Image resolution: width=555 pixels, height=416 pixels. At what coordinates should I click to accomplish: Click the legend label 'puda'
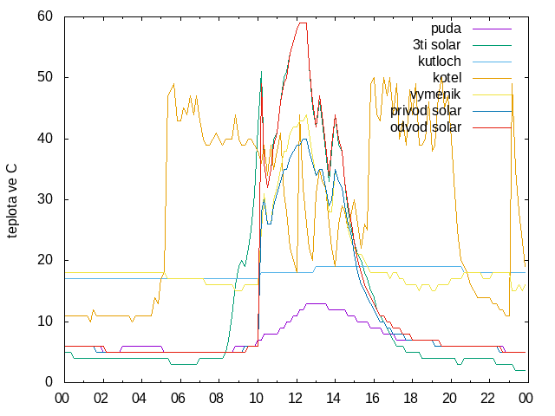tap(446, 29)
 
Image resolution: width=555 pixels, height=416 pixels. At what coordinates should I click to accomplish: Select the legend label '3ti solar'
tap(436, 45)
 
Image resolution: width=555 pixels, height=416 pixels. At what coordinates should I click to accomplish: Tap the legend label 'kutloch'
tap(440, 62)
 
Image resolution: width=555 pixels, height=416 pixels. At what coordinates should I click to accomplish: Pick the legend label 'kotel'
tap(447, 77)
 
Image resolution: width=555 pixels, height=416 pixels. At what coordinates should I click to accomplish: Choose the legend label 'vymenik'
tap(435, 94)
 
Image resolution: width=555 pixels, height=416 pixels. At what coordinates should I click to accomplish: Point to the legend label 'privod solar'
tap(426, 111)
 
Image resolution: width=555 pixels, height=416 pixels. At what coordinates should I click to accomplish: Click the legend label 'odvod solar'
tap(426, 127)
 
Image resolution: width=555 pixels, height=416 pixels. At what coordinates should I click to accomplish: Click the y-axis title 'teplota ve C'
tap(11, 201)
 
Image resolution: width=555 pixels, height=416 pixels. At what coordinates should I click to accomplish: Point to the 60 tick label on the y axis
tap(44, 16)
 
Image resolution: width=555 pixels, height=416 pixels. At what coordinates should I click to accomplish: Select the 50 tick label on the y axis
tap(44, 77)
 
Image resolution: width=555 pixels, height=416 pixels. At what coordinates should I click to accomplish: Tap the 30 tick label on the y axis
tap(44, 199)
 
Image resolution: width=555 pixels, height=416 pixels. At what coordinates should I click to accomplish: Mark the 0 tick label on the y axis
tap(49, 381)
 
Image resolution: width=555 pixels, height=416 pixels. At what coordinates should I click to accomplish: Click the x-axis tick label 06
tap(178, 399)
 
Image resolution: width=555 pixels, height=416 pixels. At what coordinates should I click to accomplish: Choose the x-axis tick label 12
tap(294, 399)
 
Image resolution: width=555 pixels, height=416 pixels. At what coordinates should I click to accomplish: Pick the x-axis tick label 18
tap(410, 399)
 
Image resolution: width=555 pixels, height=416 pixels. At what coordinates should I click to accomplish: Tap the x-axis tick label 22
tap(487, 399)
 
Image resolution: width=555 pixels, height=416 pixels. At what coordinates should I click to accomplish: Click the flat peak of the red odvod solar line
tap(303, 23)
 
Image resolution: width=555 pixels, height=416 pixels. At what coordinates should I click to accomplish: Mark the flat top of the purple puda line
tap(316, 303)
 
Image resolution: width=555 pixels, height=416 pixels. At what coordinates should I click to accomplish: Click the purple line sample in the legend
tap(492, 29)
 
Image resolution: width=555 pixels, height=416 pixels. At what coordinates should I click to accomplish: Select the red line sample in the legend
tap(492, 127)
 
